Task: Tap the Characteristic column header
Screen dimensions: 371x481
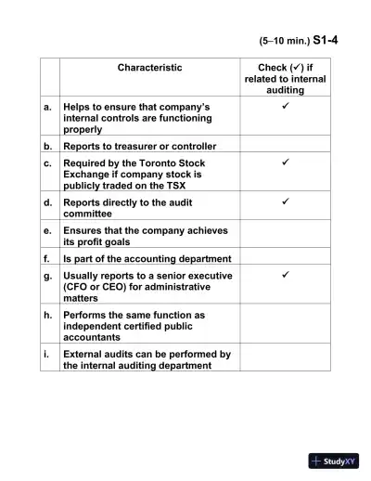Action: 149,68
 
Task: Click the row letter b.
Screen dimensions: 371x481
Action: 47,146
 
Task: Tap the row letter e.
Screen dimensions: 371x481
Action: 47,230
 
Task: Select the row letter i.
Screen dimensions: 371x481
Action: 47,354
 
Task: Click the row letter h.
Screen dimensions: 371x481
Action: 47,315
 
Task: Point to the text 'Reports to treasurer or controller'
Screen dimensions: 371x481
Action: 139,146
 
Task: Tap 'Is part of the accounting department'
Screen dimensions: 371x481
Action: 147,259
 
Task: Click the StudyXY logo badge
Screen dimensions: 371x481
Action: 334,461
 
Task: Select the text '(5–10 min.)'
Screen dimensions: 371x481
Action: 283,42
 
